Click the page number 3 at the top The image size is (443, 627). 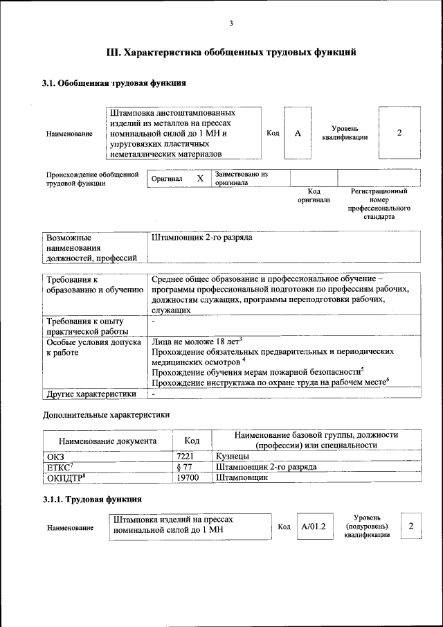click(x=231, y=24)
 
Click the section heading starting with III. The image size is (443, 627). click(x=231, y=52)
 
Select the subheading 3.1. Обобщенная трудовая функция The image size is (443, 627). click(x=114, y=84)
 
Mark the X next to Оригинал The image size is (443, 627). click(x=200, y=179)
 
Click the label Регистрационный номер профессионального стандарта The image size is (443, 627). click(x=379, y=204)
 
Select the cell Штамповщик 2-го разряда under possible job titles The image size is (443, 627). click(x=202, y=238)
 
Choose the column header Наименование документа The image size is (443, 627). click(x=107, y=441)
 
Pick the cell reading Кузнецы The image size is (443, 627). click(x=232, y=457)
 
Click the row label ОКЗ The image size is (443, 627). click(x=55, y=457)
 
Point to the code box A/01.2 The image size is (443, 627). click(x=313, y=527)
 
